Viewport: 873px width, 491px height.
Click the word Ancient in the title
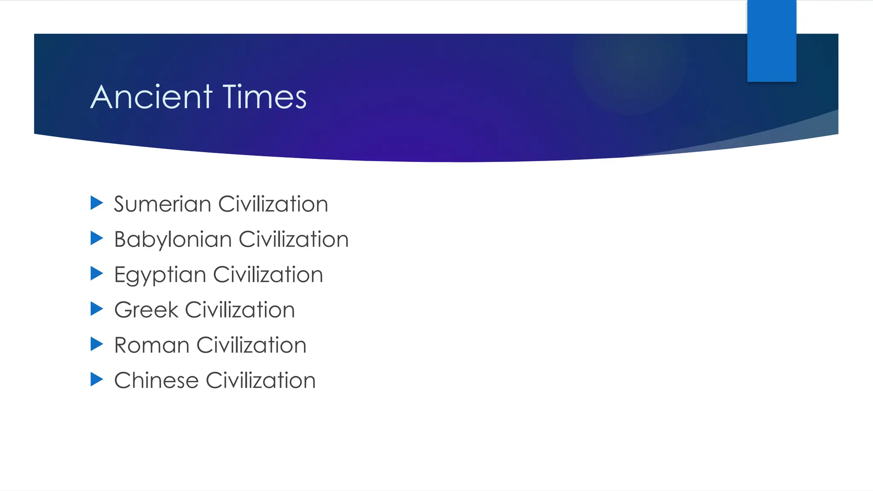tap(151, 97)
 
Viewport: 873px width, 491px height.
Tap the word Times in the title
tap(264, 97)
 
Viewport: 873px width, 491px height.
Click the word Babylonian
tap(173, 240)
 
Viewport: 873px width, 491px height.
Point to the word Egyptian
tap(160, 275)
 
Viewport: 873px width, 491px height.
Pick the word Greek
tap(146, 310)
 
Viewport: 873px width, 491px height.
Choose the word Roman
tap(152, 345)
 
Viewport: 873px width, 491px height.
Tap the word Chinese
tap(156, 381)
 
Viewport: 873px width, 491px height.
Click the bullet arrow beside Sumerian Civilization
tap(97, 203)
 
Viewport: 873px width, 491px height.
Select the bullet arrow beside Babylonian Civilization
tap(97, 239)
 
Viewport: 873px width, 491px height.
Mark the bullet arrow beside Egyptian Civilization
tap(97, 274)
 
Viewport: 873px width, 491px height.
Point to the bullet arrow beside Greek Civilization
tap(97, 309)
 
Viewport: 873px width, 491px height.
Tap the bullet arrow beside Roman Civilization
tap(97, 344)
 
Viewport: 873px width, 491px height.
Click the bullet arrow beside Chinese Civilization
tap(97, 379)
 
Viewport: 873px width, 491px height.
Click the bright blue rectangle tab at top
tap(772, 41)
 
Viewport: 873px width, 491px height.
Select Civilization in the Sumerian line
tap(273, 204)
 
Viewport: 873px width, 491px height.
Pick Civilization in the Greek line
tap(240, 310)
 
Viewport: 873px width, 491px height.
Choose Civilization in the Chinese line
tap(261, 381)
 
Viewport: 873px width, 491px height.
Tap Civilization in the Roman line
tap(251, 345)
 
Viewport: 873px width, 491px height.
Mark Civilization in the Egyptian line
tap(268, 274)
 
